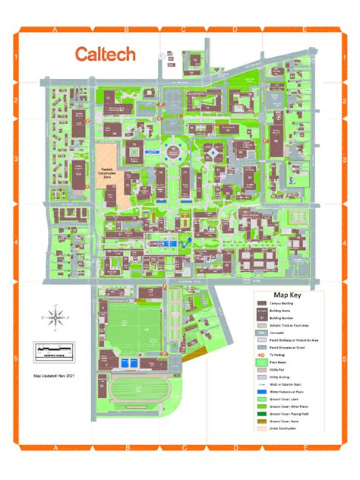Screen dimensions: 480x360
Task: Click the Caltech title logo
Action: [105, 54]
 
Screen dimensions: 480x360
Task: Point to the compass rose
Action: [54, 316]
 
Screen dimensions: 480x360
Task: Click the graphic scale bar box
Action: [52, 352]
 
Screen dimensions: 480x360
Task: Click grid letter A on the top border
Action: [55, 30]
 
